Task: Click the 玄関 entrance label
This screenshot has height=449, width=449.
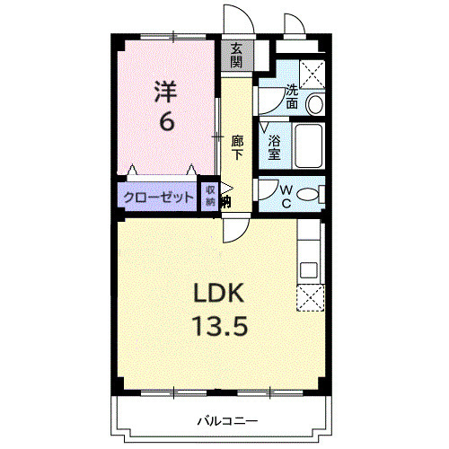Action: [x=236, y=56]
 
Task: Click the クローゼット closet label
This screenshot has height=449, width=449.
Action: [x=158, y=197]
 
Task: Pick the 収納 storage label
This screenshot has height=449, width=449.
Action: [x=210, y=196]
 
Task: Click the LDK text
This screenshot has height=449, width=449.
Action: [x=216, y=294]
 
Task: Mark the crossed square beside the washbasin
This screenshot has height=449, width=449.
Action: [x=313, y=73]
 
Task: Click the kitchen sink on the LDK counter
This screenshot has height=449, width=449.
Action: [x=309, y=269]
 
